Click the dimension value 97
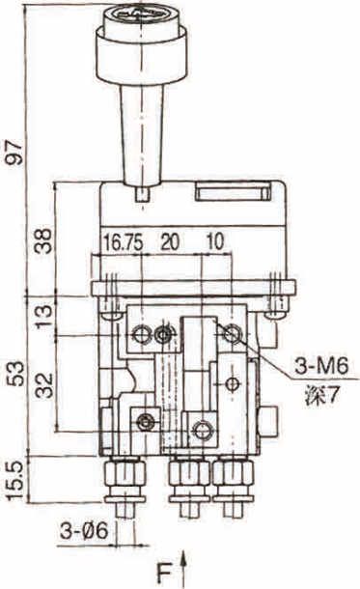tap(14, 152)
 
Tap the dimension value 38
tap(43, 241)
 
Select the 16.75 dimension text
tap(124, 242)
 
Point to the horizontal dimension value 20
tap(170, 241)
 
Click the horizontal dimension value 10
tap(214, 241)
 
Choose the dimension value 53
tap(15, 374)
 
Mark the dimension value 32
tap(45, 385)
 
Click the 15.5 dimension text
tap(15, 480)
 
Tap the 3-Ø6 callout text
tap(85, 531)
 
